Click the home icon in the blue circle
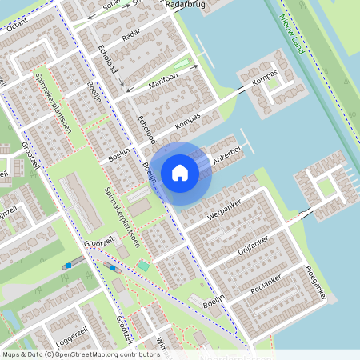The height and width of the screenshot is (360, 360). tap(180, 172)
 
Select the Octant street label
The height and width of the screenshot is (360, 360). tap(16, 26)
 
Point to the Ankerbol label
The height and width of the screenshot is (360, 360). tap(228, 158)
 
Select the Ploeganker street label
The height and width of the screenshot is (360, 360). tap(316, 283)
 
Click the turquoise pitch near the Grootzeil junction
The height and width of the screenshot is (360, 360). tap(143, 265)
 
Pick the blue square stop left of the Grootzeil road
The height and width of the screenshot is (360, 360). tap(70, 265)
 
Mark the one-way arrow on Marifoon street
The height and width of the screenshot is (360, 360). tap(183, 66)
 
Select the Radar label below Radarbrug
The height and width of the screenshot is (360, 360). tap(131, 36)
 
